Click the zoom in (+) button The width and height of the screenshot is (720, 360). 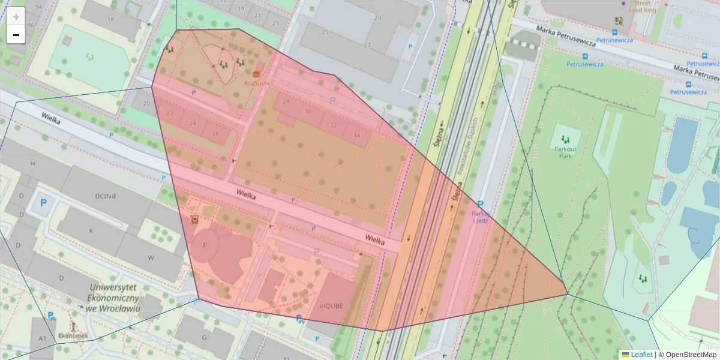coord(16,17)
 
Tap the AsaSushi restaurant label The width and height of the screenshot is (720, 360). coord(257,83)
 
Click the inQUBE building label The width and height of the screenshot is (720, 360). coord(331,305)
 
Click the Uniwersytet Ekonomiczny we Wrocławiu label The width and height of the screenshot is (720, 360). coord(113,298)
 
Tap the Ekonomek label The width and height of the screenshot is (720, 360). coord(73,335)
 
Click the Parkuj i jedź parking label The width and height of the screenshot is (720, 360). coord(481,217)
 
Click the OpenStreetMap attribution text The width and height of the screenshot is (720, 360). coord(691,355)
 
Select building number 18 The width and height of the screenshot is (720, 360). coord(110,19)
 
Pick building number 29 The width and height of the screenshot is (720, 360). coord(377,18)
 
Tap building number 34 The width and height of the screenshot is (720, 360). coord(357,135)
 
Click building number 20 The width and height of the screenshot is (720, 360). coord(146,103)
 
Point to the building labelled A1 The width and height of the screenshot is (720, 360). coord(43,339)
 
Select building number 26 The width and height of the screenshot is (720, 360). coord(215,133)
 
